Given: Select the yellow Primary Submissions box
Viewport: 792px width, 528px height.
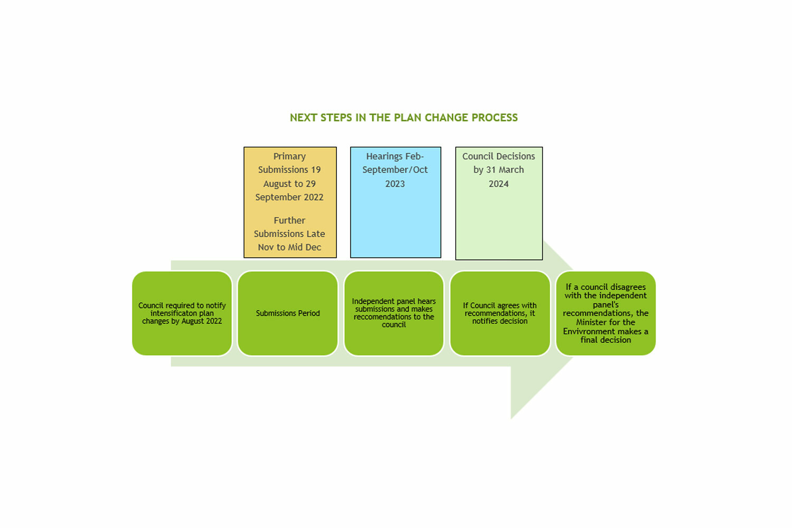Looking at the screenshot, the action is click(x=290, y=203).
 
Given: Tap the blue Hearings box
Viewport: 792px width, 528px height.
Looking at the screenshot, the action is click(x=395, y=203).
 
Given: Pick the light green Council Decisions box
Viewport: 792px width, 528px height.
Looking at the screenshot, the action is click(x=499, y=204).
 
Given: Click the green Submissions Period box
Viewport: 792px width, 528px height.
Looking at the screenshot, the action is click(x=288, y=313).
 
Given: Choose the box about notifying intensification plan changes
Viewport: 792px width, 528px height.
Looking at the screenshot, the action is click(x=182, y=313).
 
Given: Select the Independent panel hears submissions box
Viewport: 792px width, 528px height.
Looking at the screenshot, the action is click(x=394, y=313).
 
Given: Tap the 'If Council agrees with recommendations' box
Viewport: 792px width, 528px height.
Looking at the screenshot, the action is click(x=500, y=313).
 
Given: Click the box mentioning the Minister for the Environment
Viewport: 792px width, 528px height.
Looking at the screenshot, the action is click(x=606, y=313).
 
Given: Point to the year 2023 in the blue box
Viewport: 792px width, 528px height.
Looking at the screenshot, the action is click(x=395, y=184).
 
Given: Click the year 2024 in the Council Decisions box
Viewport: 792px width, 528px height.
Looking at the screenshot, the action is click(x=498, y=184).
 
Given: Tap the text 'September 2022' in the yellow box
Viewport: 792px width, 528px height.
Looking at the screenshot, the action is click(x=289, y=197).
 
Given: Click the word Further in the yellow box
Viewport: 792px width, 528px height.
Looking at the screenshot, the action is click(x=289, y=220).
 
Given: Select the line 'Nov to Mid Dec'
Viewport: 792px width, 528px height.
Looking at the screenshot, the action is click(x=289, y=247).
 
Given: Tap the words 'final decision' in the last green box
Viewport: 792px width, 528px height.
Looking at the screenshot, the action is click(x=606, y=340).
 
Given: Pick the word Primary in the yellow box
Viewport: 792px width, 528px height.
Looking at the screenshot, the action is click(x=289, y=157).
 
